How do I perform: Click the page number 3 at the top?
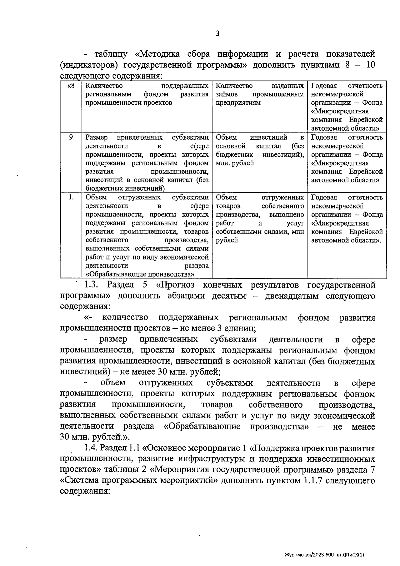(217, 33)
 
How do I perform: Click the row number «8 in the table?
(71, 86)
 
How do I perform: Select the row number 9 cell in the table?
(71, 137)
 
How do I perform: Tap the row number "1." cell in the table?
(71, 197)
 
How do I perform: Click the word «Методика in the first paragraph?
(158, 54)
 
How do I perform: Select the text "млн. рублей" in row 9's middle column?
(235, 163)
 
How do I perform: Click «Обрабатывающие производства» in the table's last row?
(140, 274)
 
